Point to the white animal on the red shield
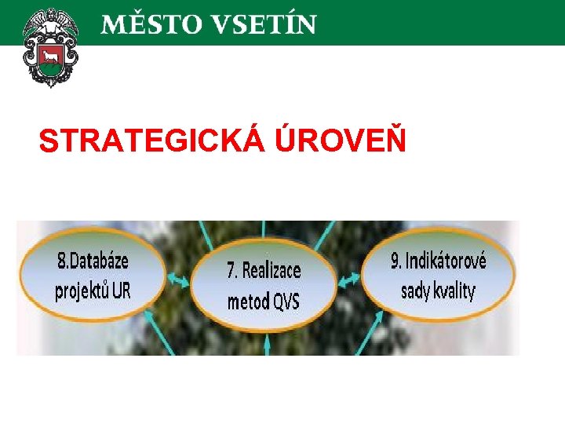point(53,57)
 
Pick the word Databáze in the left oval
point(99,261)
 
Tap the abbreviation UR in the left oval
point(121,291)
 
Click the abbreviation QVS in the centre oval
point(286,301)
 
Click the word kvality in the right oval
point(455,291)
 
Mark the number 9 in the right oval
point(395,261)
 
